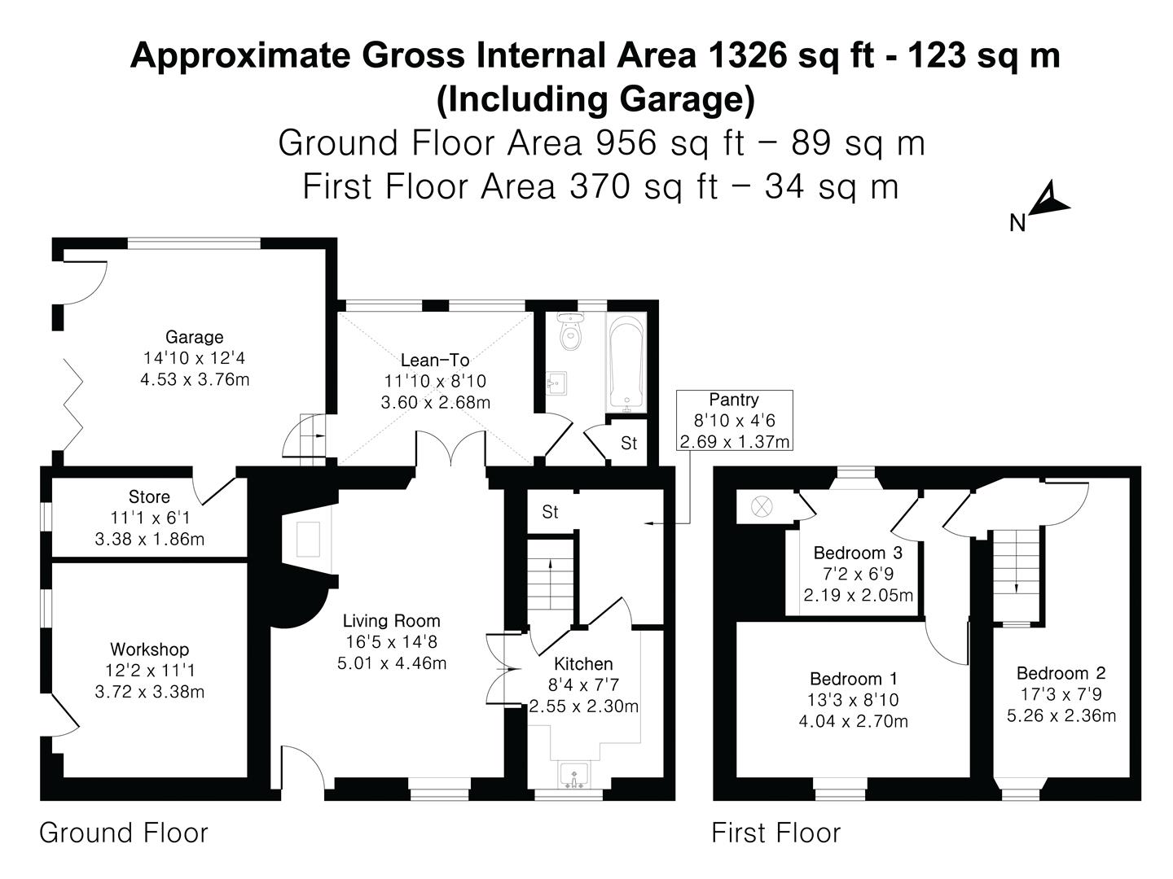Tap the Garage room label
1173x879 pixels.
click(194, 337)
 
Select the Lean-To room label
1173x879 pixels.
click(435, 360)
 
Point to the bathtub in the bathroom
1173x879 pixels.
click(626, 364)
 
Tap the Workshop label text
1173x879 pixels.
click(149, 649)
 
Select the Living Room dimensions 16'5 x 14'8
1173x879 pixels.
click(392, 642)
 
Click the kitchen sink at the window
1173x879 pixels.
click(576, 775)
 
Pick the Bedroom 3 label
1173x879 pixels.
click(858, 553)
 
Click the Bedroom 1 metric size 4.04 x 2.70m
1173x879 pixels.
click(854, 721)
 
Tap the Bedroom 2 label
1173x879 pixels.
click(1061, 673)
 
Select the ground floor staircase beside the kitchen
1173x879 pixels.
click(551, 582)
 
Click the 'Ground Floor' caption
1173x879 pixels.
click(124, 833)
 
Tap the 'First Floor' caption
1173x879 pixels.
click(775, 833)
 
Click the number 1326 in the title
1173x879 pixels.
click(747, 56)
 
